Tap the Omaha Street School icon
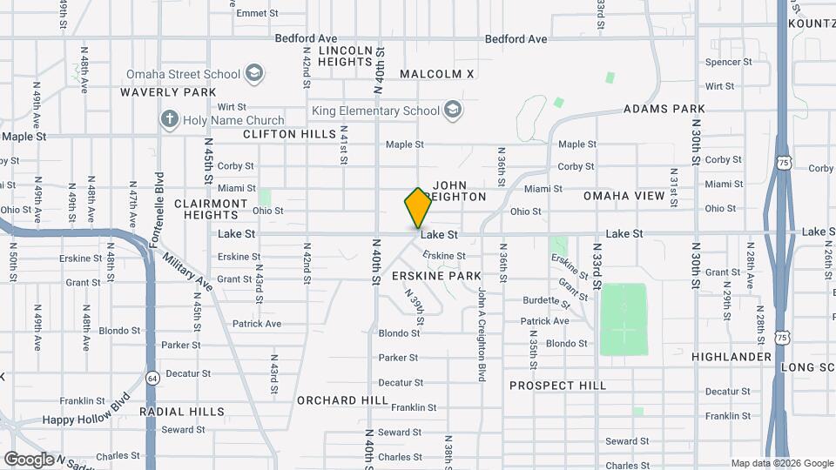point(254,73)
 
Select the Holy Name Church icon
point(170,120)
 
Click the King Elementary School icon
point(452,111)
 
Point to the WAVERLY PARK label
point(168,91)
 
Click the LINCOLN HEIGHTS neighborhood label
point(351,57)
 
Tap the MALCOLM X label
point(437,74)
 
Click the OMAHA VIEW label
point(624,196)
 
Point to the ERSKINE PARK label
point(436,275)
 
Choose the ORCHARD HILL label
point(343,400)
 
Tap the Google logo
point(29,459)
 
